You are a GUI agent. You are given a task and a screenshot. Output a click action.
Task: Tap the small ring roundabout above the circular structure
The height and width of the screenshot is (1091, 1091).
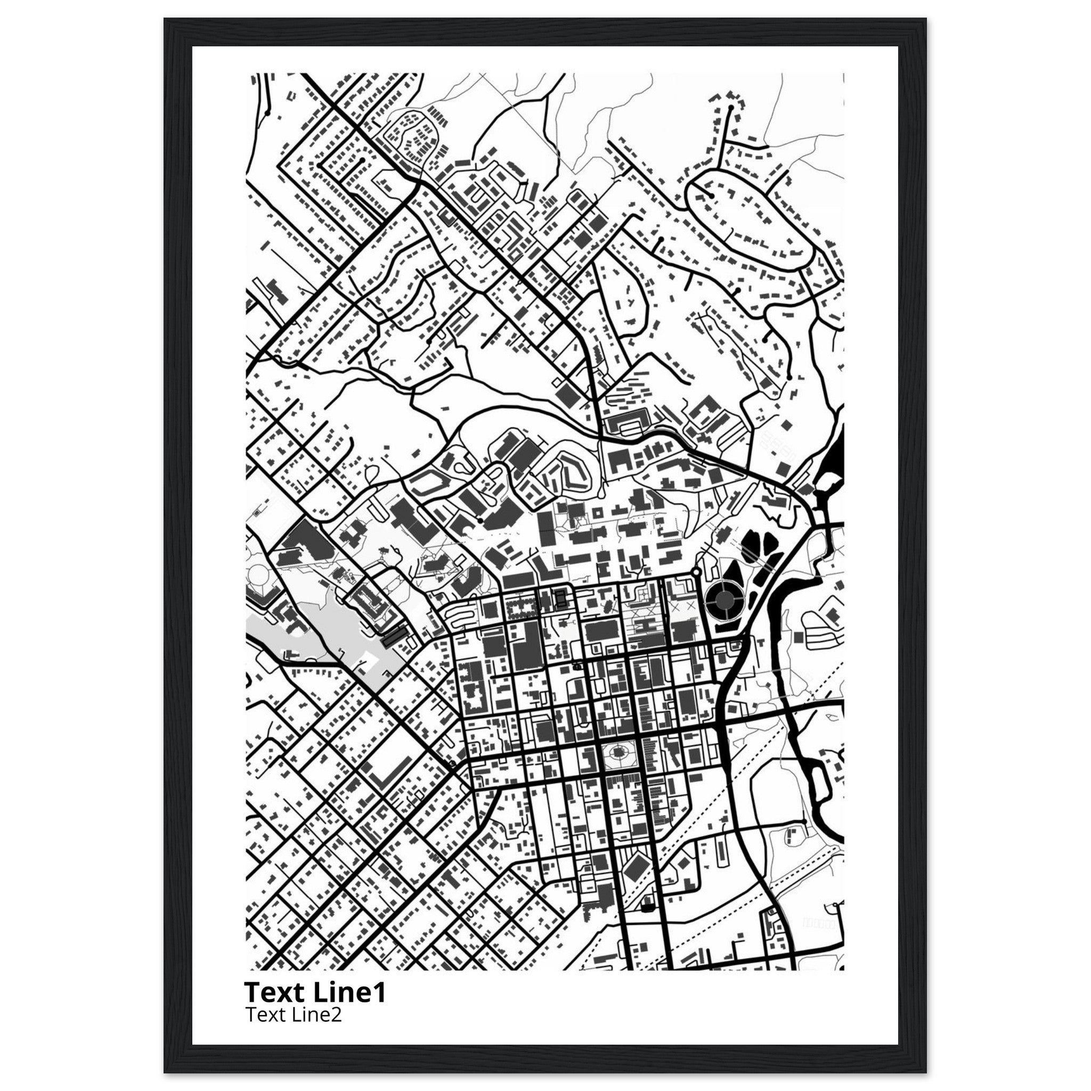click(696, 573)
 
